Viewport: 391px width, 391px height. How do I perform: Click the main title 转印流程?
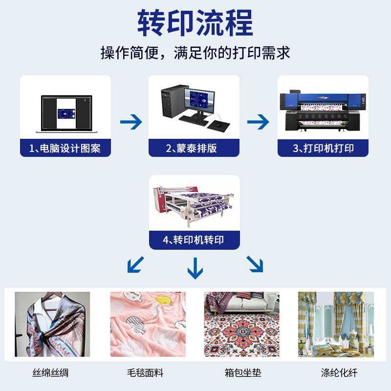coord(195,23)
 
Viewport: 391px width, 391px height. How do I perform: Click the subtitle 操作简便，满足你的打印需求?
coord(195,52)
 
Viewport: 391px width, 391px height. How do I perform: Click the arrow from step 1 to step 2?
coord(130,122)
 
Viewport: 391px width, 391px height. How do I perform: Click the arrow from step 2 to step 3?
coord(258,122)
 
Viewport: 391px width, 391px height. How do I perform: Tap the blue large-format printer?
coord(323,111)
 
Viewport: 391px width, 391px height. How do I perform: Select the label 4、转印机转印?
coord(194,240)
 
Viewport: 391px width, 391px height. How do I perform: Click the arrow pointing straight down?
coord(195,267)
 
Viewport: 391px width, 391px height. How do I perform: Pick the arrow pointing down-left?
coord(136,264)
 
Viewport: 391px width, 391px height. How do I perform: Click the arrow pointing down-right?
coord(255,264)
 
